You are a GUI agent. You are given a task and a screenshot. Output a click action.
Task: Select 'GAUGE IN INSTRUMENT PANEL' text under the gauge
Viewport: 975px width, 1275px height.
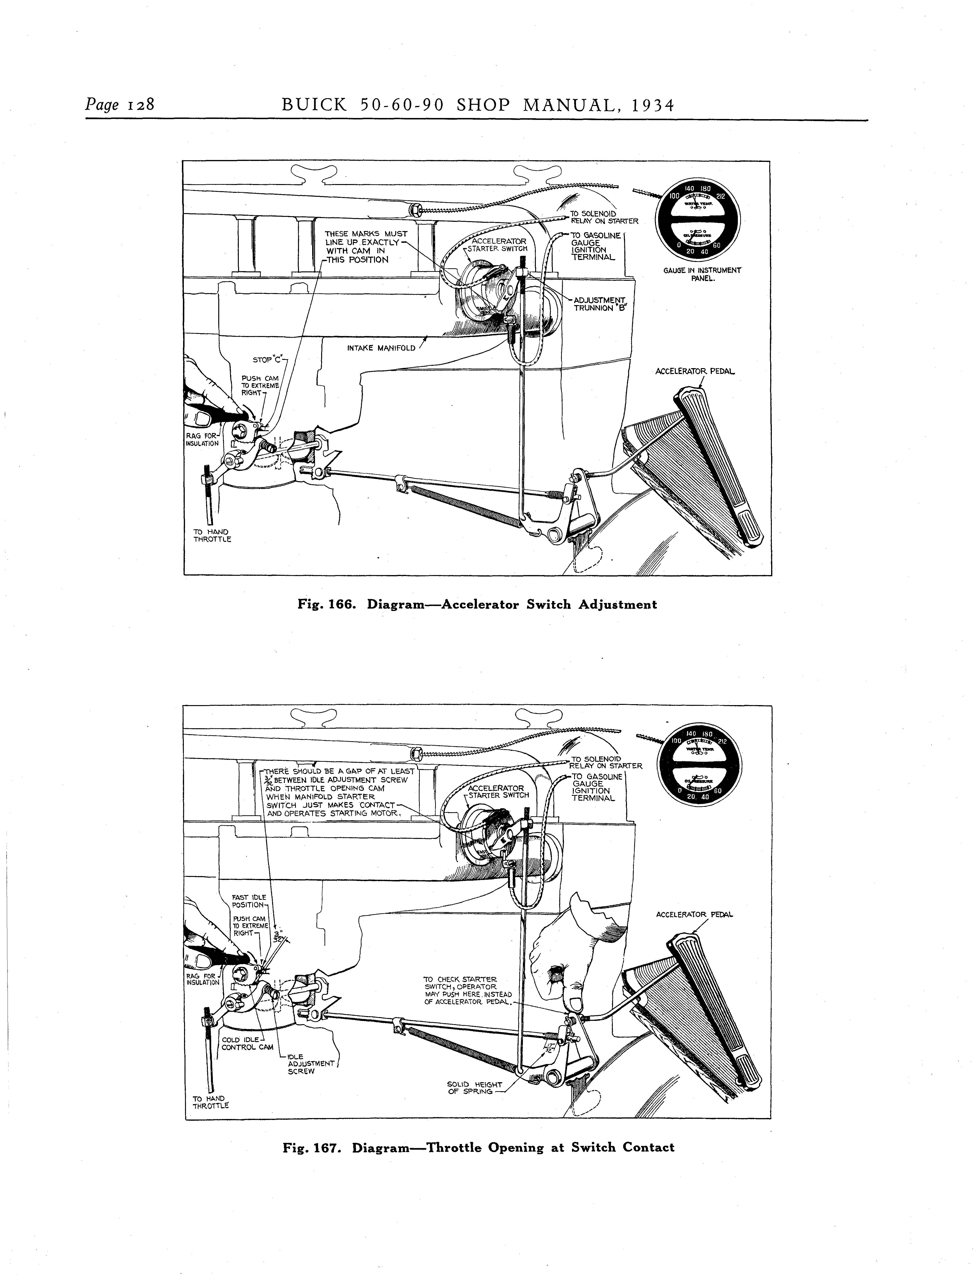[x=702, y=274]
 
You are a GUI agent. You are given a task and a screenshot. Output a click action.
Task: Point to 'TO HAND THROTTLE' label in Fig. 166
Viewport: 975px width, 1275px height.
[x=212, y=535]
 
